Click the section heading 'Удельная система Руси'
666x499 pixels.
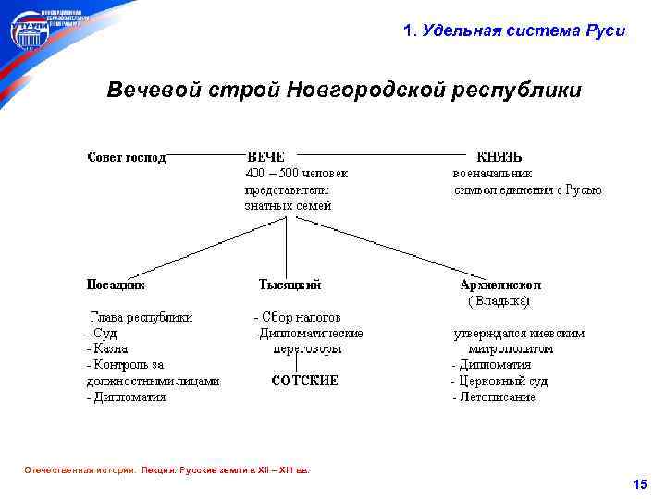click(x=523, y=30)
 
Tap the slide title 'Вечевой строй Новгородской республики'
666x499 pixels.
click(x=344, y=91)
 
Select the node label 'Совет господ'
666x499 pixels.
click(x=127, y=157)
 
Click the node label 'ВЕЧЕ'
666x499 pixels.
click(x=265, y=157)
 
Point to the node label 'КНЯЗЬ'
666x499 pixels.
click(x=499, y=157)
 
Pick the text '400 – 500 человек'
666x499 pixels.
click(x=296, y=173)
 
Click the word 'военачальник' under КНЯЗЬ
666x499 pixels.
click(x=492, y=173)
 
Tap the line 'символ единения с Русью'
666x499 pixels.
click(x=527, y=189)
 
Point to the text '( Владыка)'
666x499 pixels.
click(x=499, y=301)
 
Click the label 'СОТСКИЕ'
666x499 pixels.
click(x=304, y=381)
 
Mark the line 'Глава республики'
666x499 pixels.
click(x=141, y=317)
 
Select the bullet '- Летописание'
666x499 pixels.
click(x=493, y=397)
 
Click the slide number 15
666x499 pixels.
click(x=639, y=484)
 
